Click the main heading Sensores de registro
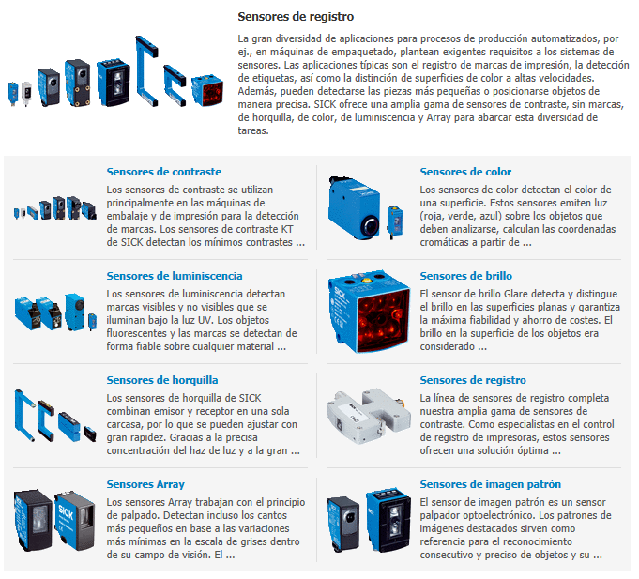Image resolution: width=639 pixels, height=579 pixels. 296,17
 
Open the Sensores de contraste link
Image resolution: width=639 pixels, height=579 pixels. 164,172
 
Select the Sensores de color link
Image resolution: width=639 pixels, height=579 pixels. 465,172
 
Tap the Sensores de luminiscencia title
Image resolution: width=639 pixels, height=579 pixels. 175,276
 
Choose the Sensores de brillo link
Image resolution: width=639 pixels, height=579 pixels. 465,276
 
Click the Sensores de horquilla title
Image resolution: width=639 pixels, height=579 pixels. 162,380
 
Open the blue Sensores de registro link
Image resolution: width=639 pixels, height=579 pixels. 473,380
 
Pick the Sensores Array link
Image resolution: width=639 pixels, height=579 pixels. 145,484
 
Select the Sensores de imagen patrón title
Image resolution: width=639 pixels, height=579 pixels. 490,484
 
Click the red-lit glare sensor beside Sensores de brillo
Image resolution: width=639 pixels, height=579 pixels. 369,311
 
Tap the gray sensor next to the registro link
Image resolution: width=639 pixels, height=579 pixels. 369,416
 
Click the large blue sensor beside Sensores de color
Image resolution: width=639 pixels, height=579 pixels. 354,207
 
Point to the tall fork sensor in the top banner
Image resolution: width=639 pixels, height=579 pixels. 145,71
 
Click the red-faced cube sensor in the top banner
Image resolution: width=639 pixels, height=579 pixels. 207,90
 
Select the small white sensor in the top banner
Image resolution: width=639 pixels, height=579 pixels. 26,93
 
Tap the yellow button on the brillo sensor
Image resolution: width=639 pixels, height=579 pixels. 366,281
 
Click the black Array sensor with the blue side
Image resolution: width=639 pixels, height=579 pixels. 33,520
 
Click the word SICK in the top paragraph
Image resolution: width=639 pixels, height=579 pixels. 325,104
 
